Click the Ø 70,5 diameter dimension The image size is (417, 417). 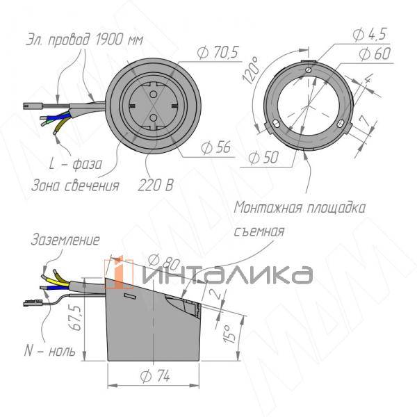coord(218,52)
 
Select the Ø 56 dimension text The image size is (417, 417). coord(215,147)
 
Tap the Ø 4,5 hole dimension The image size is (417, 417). coord(370,34)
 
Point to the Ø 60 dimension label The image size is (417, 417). coord(375,54)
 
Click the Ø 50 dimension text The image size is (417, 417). coord(263,158)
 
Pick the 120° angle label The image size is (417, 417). coord(251,70)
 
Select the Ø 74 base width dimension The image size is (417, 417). coord(154,376)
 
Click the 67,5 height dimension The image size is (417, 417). coord(75,318)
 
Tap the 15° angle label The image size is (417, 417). coord(229,334)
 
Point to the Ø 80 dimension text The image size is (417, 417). coord(164,262)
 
